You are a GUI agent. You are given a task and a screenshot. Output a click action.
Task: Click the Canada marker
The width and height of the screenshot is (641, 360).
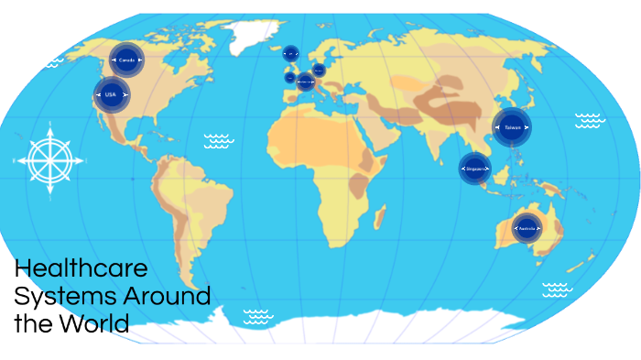(x=126, y=60)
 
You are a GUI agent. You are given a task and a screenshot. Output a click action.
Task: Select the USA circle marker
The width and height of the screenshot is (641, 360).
(x=111, y=94)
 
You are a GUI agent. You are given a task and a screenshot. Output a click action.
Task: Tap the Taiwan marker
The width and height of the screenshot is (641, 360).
(x=511, y=127)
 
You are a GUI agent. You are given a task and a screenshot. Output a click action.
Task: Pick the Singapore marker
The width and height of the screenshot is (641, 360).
(x=475, y=169)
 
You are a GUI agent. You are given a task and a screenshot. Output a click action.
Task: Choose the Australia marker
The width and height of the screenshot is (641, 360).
(x=527, y=226)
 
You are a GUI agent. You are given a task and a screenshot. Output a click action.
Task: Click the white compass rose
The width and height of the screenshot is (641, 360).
(x=49, y=159)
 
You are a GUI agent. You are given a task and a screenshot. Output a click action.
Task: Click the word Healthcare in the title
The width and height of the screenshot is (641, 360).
(x=81, y=269)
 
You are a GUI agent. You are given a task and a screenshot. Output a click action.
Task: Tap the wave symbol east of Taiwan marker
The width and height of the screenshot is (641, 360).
(x=589, y=120)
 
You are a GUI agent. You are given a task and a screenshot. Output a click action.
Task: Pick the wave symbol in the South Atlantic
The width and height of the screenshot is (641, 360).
(x=258, y=316)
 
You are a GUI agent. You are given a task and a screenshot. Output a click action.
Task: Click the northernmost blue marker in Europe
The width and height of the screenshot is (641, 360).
(x=290, y=54)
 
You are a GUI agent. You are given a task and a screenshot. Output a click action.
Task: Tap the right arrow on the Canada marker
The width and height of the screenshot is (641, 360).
(x=140, y=60)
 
